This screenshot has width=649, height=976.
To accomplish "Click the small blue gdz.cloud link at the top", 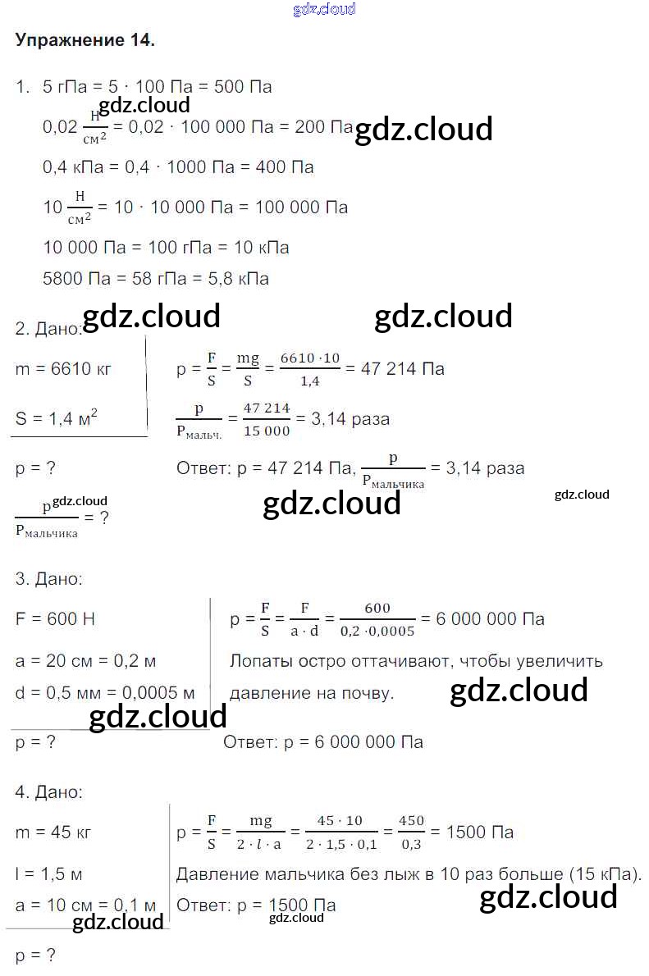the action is (324, 9).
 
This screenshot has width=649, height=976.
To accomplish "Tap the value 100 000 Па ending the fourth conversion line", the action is (301, 207).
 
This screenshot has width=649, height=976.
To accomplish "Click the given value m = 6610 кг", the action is (63, 369).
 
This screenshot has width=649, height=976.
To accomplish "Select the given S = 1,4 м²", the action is (57, 419).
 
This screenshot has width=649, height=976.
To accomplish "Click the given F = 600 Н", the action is (55, 619).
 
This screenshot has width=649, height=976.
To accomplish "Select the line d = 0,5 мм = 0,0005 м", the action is (105, 692).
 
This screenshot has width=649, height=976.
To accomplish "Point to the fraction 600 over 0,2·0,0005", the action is (377, 619).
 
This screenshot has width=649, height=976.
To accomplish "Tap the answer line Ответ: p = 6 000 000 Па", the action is (323, 742).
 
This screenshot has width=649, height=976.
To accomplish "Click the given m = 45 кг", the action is (53, 832).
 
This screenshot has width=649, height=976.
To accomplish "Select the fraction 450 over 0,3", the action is (411, 832).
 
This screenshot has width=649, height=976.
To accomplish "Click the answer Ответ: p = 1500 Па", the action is (256, 905).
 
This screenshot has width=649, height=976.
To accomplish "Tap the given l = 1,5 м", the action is (48, 873).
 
